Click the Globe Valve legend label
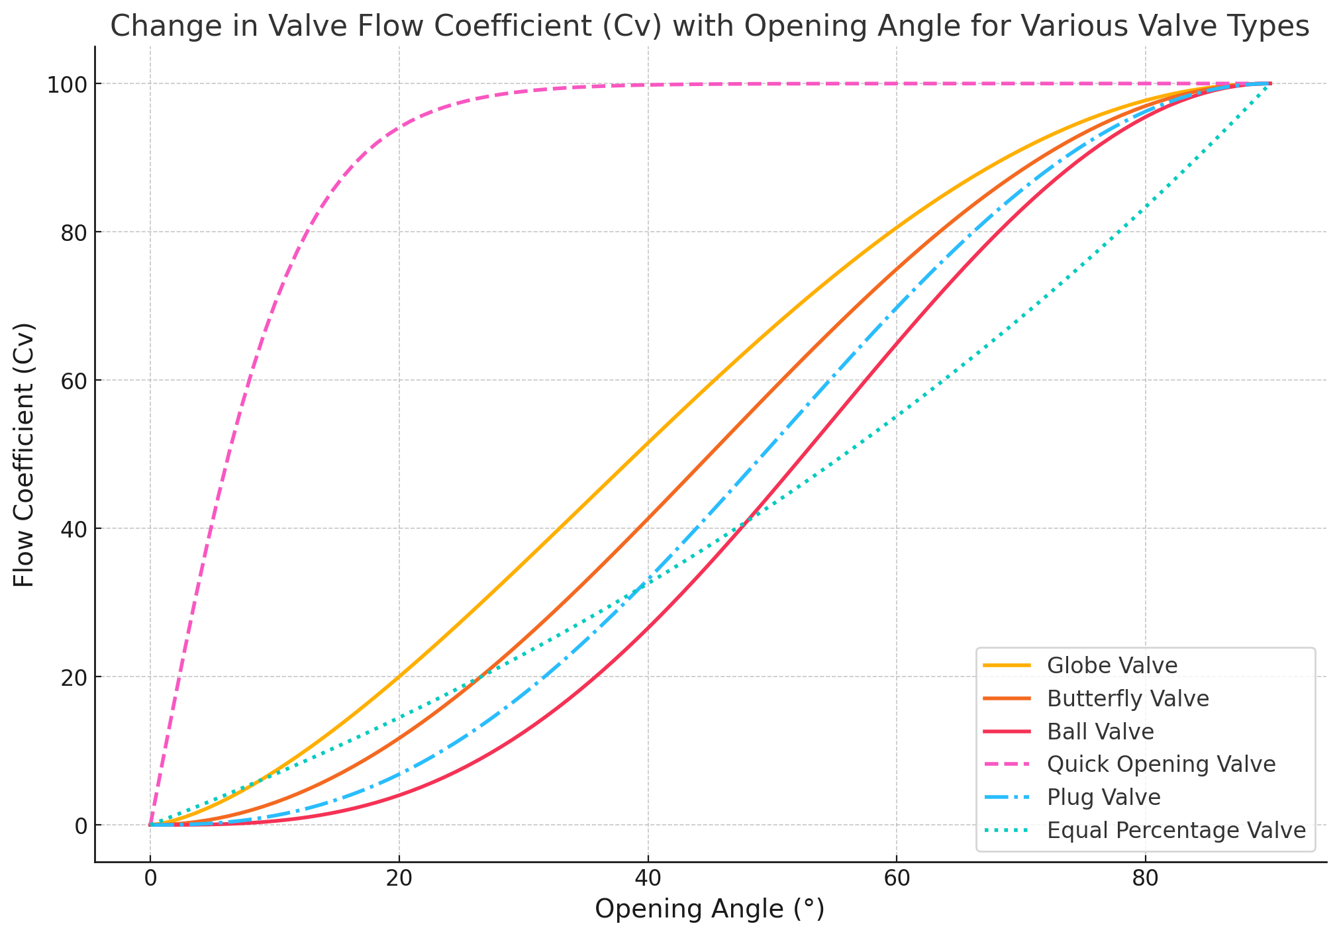(1112, 665)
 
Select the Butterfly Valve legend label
(1128, 698)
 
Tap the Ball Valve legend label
(1101, 731)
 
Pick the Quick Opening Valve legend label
(1161, 764)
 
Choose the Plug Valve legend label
(1103, 797)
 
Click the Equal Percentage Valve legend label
(1176, 830)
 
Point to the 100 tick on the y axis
(68, 84)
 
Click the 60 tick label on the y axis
(74, 381)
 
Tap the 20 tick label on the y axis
(74, 677)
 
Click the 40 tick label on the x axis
(648, 880)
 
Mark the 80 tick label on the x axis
(1145, 880)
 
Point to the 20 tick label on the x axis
(399, 880)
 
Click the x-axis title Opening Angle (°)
(710, 910)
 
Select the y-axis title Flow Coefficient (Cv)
(24, 454)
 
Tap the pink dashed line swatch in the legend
(1007, 764)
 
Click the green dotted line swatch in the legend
(1007, 830)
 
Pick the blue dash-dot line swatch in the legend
(1007, 797)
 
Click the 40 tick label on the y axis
(74, 529)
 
